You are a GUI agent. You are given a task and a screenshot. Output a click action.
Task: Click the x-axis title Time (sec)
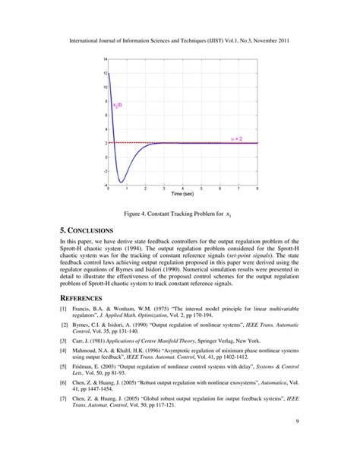[x=182, y=195]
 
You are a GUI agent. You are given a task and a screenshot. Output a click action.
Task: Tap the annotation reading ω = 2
[x=245, y=139]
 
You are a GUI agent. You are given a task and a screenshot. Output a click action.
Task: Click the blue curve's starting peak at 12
[x=109, y=73]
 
